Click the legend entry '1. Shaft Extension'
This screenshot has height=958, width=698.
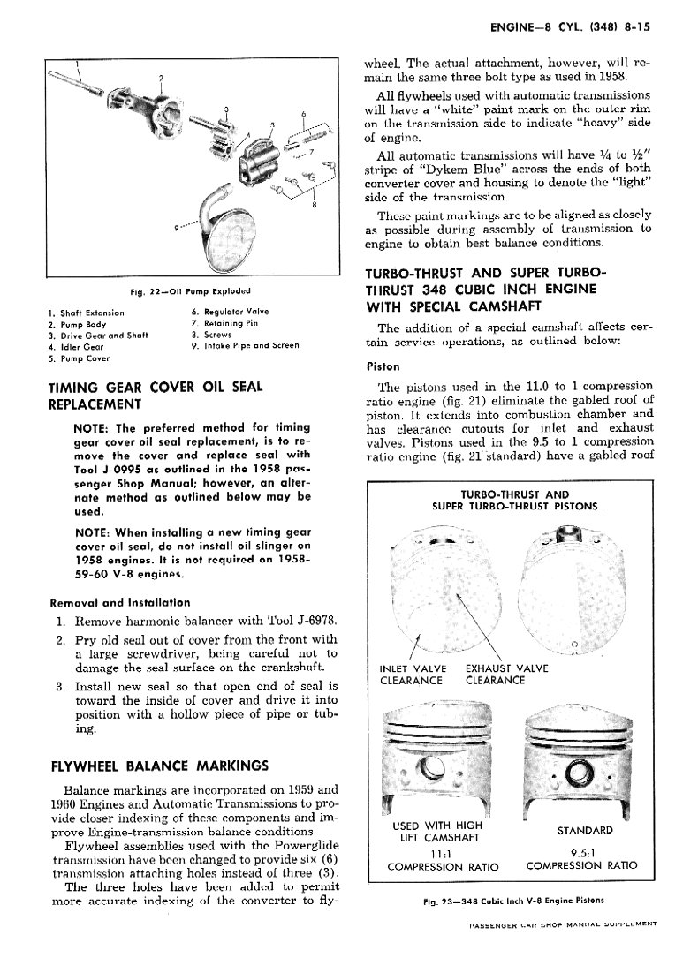coord(87,312)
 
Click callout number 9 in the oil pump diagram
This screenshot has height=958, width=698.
coord(178,229)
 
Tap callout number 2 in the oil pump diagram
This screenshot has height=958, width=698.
coord(160,79)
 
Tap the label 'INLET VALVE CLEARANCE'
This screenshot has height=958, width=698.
coord(412,675)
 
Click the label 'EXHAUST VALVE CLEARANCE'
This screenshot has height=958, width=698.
coord(506,675)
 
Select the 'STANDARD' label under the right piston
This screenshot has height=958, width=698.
coord(584,830)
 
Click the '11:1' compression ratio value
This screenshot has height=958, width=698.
coord(433,854)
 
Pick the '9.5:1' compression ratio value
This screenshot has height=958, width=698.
coord(582,854)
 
